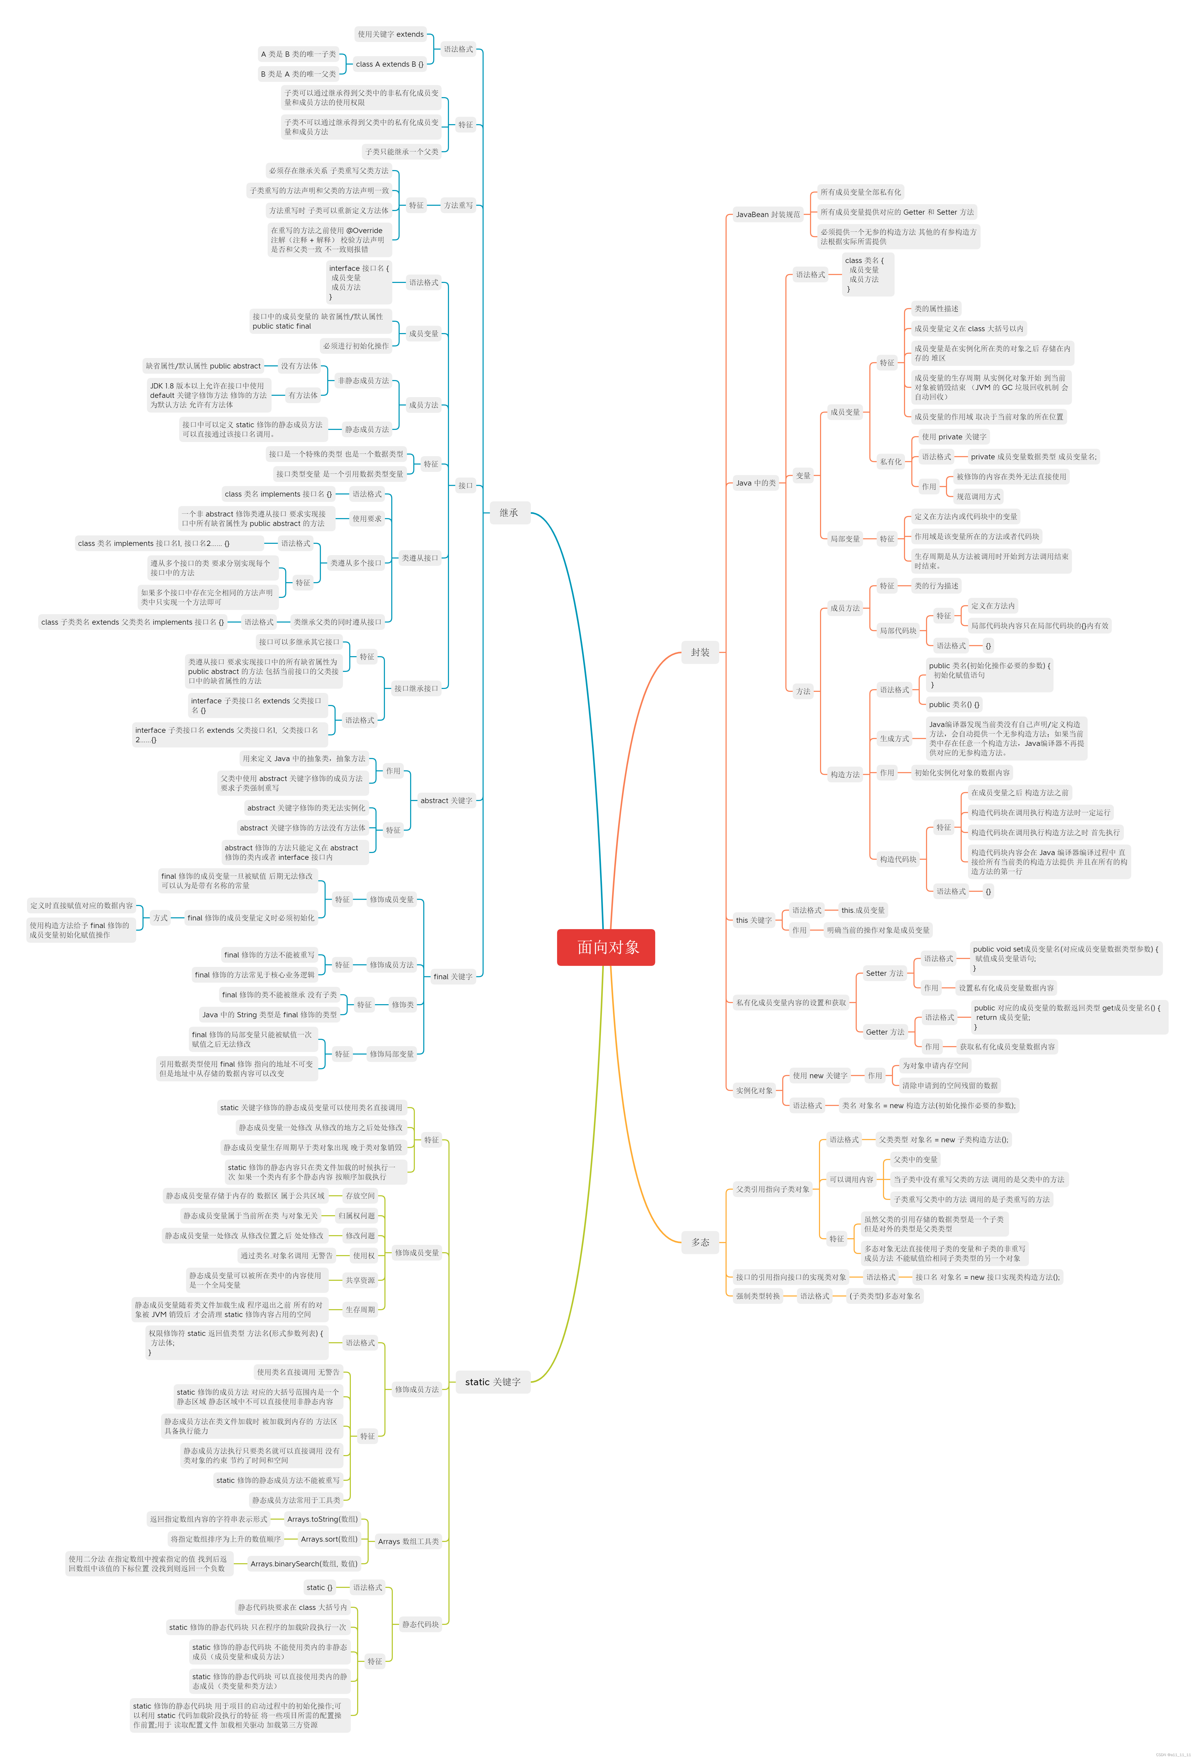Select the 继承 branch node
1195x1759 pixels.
pyautogui.click(x=509, y=512)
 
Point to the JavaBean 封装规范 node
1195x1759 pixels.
pyautogui.click(x=767, y=214)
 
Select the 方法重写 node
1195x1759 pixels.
pyautogui.click(x=458, y=205)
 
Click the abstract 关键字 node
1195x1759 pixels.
pyautogui.click(x=446, y=800)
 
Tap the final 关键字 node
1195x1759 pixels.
pyautogui.click(x=453, y=976)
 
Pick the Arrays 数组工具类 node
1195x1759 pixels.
pyautogui.click(x=408, y=1541)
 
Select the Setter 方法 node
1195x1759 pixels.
pyautogui.click(x=884, y=973)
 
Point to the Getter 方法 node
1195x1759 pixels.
pyautogui.click(x=885, y=1032)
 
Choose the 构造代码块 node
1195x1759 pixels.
pyautogui.click(x=898, y=859)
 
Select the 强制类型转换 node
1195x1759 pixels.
pyautogui.click(x=758, y=1296)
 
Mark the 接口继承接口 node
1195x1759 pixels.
pyautogui.click(x=415, y=688)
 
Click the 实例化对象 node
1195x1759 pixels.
pyautogui.click(x=754, y=1091)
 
